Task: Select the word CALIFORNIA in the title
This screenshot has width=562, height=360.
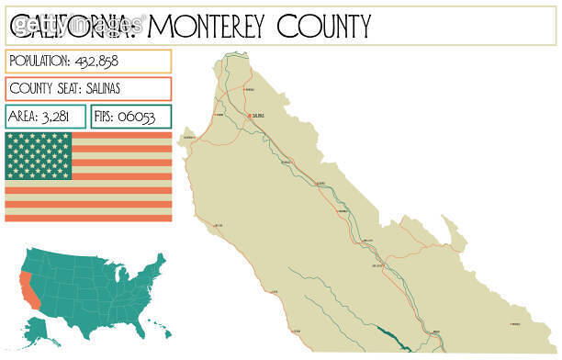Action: point(73,25)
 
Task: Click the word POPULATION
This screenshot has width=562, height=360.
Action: point(38,61)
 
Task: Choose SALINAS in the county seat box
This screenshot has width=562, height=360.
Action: point(98,89)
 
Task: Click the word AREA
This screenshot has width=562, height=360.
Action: point(25,117)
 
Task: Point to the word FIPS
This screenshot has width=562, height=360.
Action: point(107,117)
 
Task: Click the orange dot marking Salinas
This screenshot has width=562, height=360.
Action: point(249,115)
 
